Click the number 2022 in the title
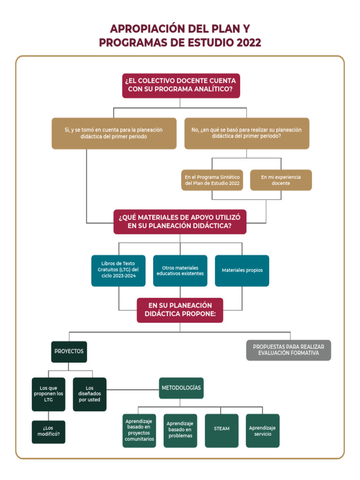point(248,43)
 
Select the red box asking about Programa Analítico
point(180,85)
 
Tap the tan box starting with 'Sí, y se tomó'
point(114,133)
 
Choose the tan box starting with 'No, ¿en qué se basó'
point(247,133)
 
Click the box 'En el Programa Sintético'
point(212,180)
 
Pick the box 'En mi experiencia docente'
point(281,180)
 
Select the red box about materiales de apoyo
point(180,222)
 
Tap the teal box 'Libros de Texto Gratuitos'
point(119,270)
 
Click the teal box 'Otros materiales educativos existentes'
point(180,270)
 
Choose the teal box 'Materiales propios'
point(242,270)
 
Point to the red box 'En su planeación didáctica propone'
point(180,310)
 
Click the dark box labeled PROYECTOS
point(69,352)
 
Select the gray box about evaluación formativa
point(288,350)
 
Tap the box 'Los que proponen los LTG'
point(48,394)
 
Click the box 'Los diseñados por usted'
point(90,394)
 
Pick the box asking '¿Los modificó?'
point(48,432)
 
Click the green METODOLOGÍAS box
point(181,388)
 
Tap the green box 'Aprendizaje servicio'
point(262,430)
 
